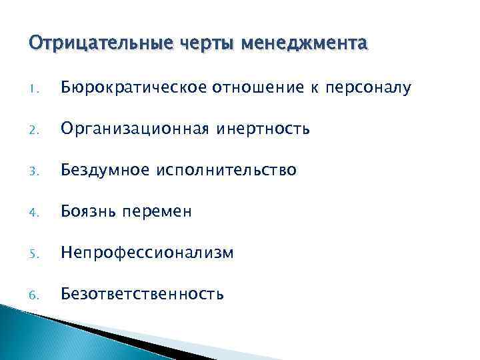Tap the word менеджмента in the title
point(304,45)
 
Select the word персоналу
point(369,87)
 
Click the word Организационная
point(132,129)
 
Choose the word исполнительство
point(227,170)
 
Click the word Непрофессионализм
point(147,253)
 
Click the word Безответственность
point(142,293)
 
